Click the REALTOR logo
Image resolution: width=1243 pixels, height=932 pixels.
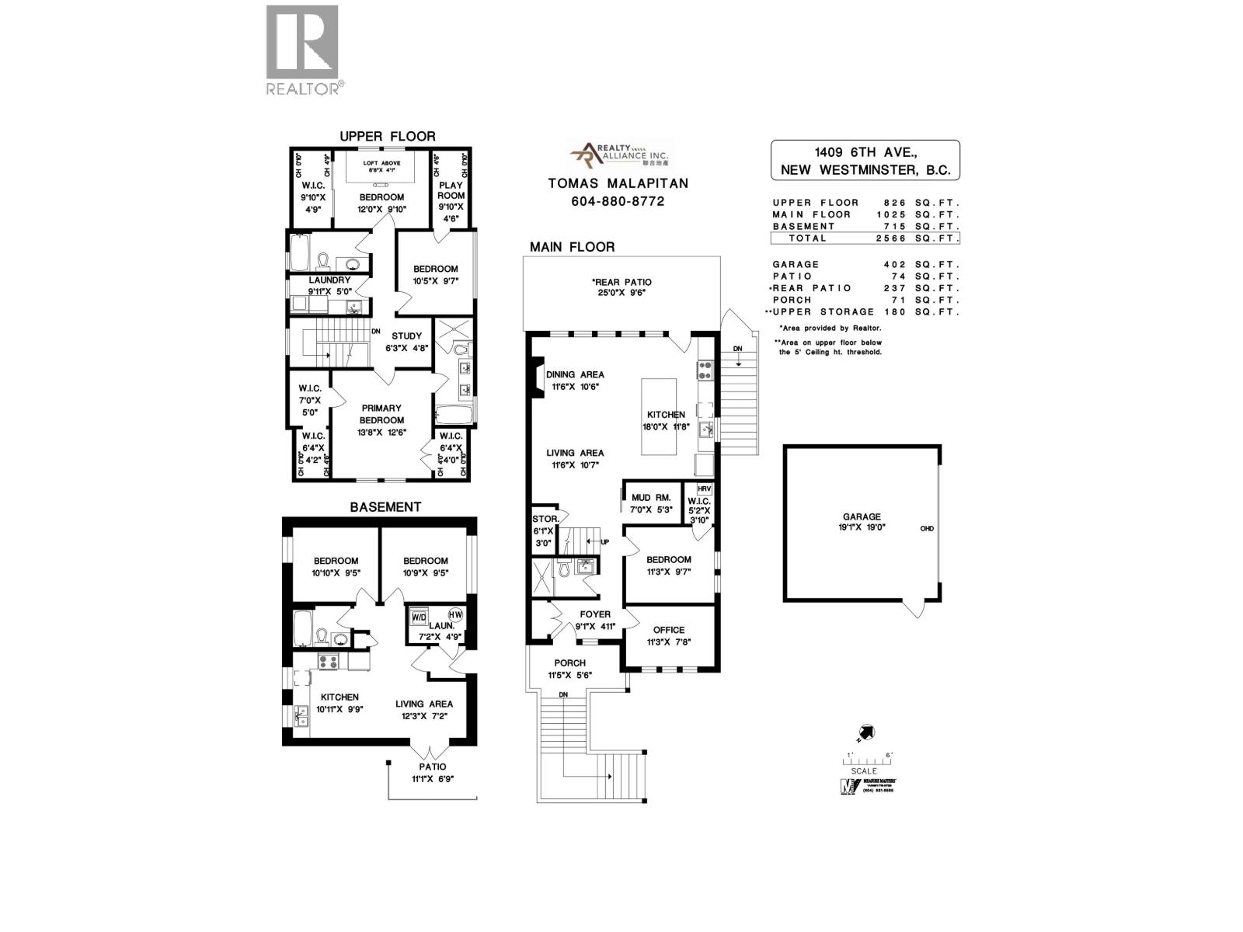coord(302,50)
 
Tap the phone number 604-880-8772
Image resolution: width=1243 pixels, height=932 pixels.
coord(618,201)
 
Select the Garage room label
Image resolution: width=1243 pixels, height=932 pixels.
coord(862,516)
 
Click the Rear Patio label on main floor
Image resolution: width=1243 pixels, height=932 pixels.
coord(621,283)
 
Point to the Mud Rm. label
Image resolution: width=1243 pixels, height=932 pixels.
coord(651,498)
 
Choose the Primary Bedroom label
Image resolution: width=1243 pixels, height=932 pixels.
coord(381,414)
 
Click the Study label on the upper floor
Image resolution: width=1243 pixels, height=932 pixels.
coord(406,336)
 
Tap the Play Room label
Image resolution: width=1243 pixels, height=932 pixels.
coord(451,190)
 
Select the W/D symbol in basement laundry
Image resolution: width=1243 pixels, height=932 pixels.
coord(419,617)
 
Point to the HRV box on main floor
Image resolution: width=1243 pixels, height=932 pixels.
coord(704,489)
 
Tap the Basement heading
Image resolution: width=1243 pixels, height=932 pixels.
coord(385,507)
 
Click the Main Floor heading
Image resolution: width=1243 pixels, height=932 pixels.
coord(572,247)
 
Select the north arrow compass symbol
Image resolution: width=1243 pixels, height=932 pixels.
coord(867,732)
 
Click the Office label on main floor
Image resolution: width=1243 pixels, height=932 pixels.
coord(668,630)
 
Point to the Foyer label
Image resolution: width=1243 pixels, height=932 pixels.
coord(595,614)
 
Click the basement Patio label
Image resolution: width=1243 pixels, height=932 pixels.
coord(433,767)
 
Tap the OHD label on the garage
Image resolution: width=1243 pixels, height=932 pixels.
coord(927,529)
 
